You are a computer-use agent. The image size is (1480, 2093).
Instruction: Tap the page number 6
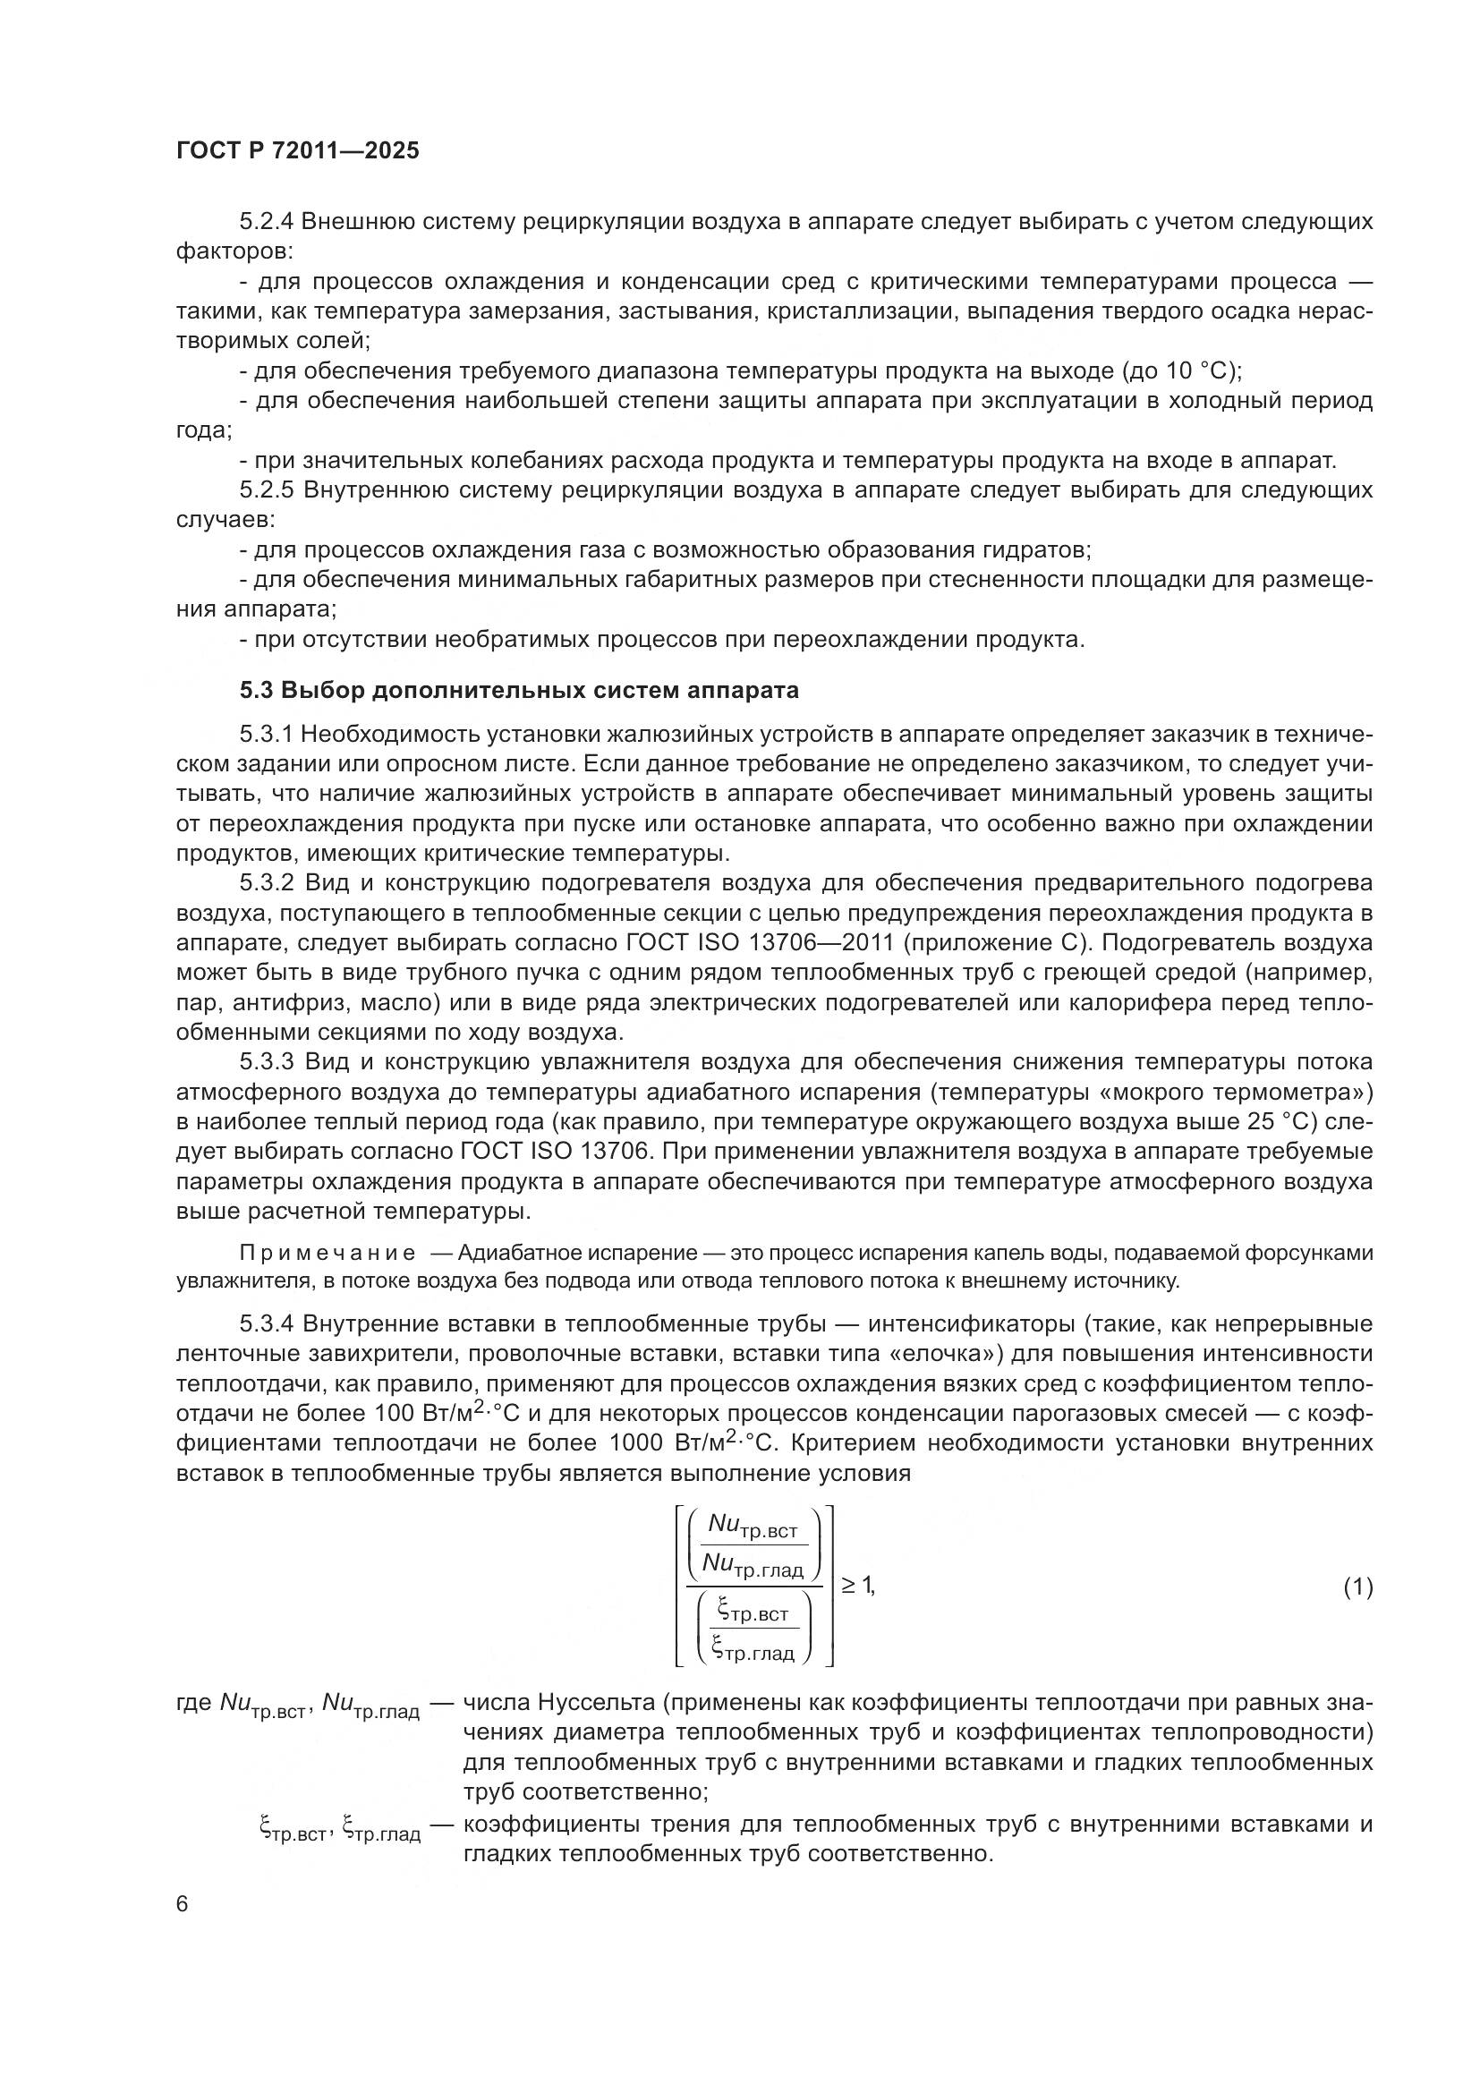[x=183, y=1905]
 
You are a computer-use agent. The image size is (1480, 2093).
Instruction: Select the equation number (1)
[x=1357, y=1587]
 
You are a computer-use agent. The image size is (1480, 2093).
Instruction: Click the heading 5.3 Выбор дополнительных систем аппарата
[x=520, y=690]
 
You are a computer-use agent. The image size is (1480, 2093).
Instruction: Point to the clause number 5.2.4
[x=266, y=222]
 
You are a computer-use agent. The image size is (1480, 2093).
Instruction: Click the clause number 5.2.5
[x=266, y=490]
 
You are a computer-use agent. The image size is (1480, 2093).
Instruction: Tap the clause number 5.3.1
[x=266, y=735]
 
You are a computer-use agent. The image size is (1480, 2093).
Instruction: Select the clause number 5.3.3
[x=266, y=1062]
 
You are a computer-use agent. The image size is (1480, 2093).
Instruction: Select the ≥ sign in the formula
[x=847, y=1587]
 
